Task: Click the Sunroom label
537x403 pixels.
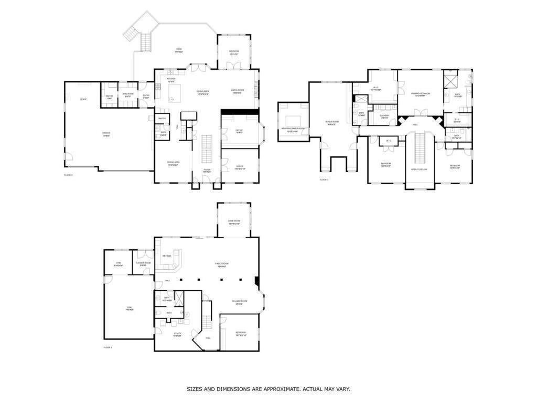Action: [234, 51]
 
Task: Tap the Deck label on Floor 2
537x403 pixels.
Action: [179, 50]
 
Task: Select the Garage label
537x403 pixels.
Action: [106, 133]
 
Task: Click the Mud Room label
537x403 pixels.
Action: [127, 94]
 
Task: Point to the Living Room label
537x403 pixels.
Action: [237, 90]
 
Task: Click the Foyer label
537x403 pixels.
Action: [208, 169]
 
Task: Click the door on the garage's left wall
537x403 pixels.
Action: [66, 156]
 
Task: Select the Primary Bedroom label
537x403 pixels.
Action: [421, 93]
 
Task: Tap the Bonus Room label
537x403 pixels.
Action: [332, 121]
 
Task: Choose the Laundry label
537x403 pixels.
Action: [385, 115]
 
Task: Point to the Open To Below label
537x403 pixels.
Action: [419, 169]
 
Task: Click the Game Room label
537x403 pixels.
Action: [234, 221]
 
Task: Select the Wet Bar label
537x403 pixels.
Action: [167, 256]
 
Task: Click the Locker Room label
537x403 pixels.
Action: [143, 263]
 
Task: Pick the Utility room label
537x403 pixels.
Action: [178, 333]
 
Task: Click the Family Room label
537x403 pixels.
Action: [221, 263]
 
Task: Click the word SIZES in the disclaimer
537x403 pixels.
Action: [196, 389]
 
